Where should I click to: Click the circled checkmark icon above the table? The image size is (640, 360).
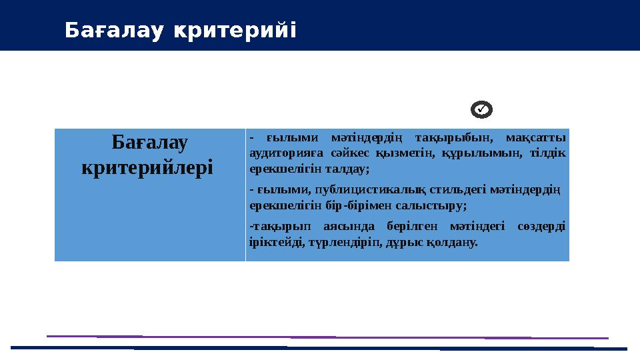point(481,108)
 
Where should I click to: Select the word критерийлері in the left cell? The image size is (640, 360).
point(147,166)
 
